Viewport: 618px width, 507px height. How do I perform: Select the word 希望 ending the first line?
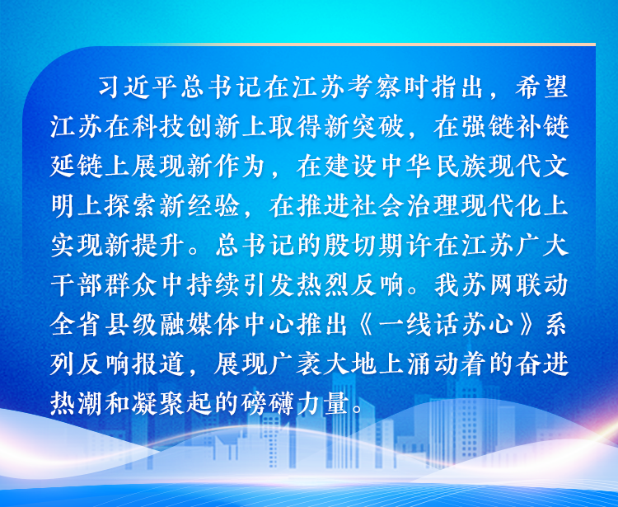click(541, 87)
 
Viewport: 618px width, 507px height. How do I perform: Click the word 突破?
click(377, 126)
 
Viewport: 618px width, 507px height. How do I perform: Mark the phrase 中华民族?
click(433, 166)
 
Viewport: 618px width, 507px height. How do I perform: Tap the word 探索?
click(131, 205)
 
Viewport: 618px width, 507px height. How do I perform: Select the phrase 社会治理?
click(405, 205)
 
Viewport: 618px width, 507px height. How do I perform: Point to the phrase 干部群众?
click(104, 284)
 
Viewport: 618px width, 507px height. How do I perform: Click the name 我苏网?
click(474, 284)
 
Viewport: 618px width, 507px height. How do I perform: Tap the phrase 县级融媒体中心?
click(199, 325)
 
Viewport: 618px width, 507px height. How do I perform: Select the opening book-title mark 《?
click(367, 325)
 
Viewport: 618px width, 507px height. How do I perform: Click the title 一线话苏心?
click(445, 325)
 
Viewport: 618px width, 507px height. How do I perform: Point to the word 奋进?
click(541, 364)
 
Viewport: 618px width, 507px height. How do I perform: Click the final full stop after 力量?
click(357, 410)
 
